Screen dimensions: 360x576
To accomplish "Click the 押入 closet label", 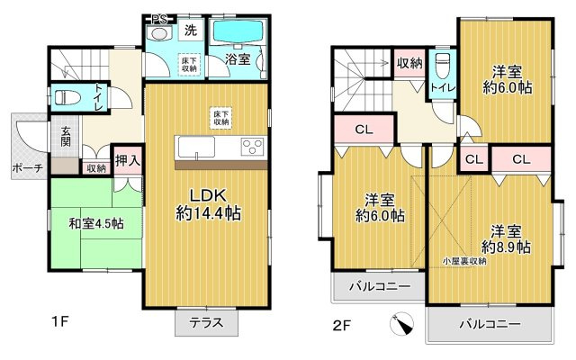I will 127,162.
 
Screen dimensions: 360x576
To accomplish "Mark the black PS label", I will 159,18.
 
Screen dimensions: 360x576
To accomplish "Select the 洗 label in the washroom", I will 190,30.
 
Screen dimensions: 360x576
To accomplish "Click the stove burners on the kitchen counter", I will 250,147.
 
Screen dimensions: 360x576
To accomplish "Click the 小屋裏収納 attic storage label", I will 463,260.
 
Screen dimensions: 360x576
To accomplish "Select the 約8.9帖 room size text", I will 506,246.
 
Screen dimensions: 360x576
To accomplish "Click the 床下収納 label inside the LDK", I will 219,115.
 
